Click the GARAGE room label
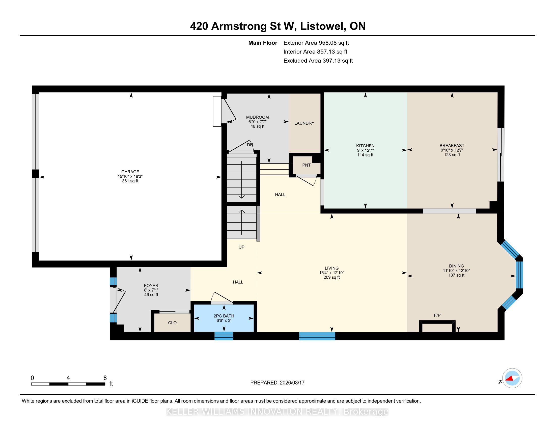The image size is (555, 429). [x=130, y=172]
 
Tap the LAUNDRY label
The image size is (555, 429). [x=304, y=123]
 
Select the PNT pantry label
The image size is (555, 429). [x=306, y=165]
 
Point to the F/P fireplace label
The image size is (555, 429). [x=437, y=315]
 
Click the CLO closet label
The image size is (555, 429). [x=172, y=323]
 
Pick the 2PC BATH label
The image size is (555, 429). [x=224, y=316]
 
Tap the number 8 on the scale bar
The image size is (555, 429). [x=105, y=378]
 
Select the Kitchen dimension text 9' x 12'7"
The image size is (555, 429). [x=365, y=150]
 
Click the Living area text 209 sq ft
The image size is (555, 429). [x=332, y=277]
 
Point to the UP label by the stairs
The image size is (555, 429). [x=241, y=247]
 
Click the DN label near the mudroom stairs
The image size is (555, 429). [x=250, y=145]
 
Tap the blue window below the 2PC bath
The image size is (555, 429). [x=224, y=336]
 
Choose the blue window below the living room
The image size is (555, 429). [x=317, y=336]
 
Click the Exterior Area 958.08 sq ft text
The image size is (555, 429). [x=316, y=43]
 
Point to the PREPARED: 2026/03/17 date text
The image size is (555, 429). [x=277, y=383]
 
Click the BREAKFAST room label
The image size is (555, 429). [x=452, y=146]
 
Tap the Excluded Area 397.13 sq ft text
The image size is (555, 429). [x=318, y=61]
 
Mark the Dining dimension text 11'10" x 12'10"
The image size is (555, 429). [x=456, y=271]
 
